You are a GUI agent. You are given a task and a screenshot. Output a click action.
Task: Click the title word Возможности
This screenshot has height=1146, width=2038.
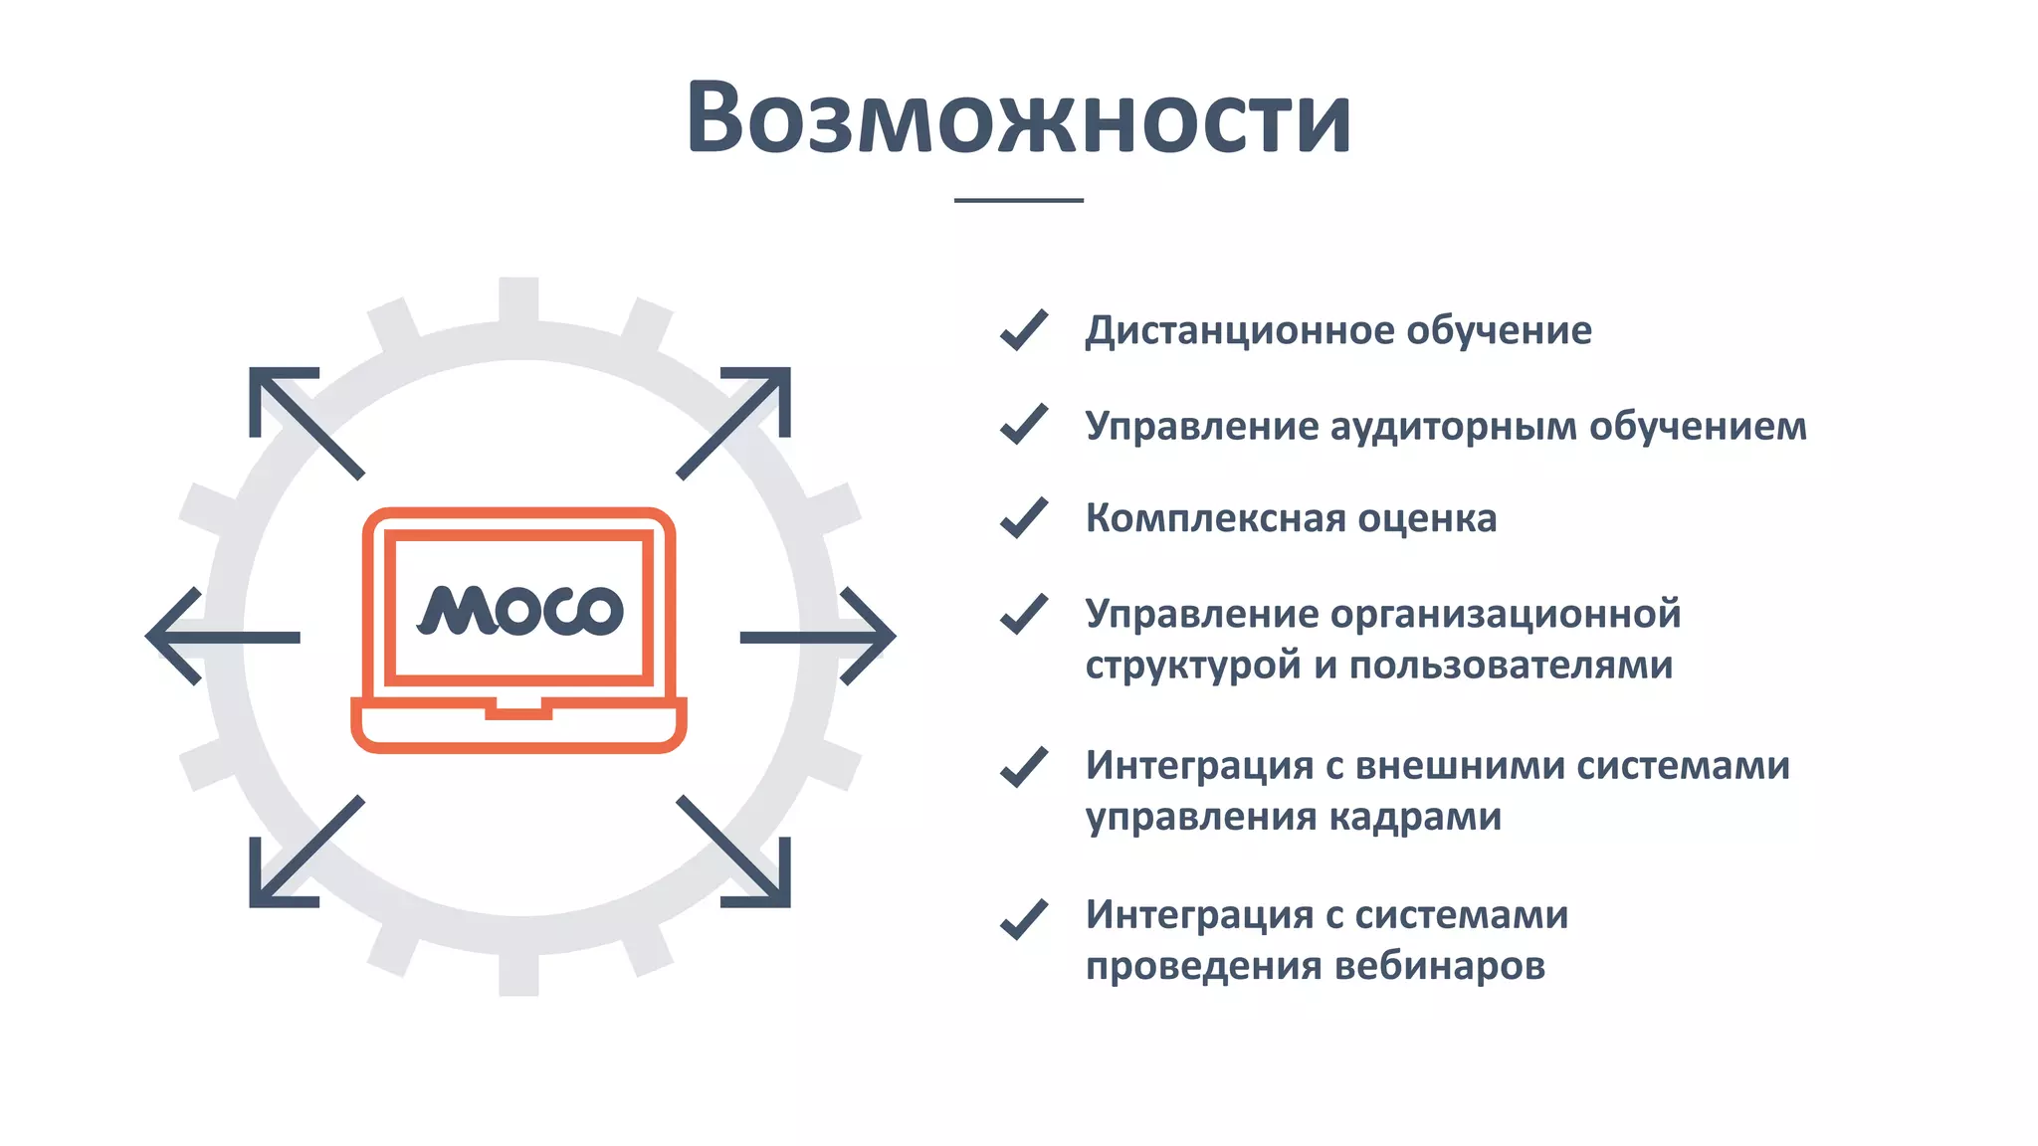[x=1018, y=117]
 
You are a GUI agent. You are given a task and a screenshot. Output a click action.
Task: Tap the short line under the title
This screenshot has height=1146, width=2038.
[x=1018, y=200]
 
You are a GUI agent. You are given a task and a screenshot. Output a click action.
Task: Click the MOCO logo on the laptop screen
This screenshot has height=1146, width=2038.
[x=520, y=609]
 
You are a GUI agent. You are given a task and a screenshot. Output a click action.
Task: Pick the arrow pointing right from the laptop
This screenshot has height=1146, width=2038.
[x=819, y=637]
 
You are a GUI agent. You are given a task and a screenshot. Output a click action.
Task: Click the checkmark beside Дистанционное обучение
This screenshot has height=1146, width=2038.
[x=1023, y=330]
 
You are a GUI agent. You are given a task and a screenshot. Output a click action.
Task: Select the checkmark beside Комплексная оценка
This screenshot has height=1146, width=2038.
[x=1023, y=518]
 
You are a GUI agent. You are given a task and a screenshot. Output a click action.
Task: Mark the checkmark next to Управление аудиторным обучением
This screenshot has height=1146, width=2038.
[x=1023, y=425]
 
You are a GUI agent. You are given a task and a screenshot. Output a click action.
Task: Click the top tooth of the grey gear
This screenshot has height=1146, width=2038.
[x=518, y=298]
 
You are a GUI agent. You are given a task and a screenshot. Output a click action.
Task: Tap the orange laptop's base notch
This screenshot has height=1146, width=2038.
[x=518, y=709]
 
